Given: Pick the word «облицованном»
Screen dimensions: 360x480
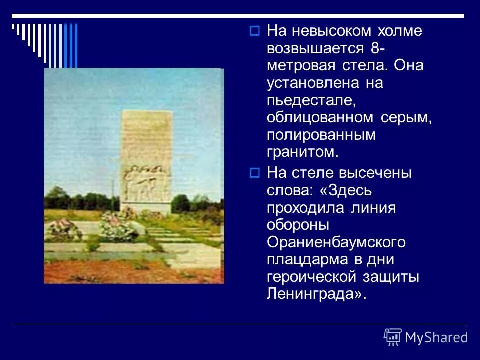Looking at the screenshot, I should point(320,118).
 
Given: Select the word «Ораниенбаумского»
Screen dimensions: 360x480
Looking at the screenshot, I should point(336,243).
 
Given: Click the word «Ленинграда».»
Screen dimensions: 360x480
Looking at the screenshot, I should point(317,294).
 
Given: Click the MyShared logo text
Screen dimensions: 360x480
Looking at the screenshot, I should point(436,337).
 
